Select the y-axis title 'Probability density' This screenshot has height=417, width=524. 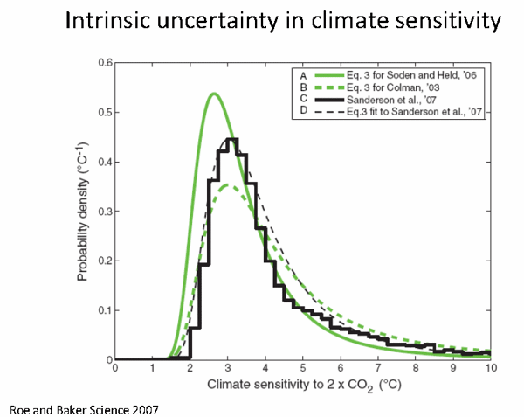[x=84, y=212]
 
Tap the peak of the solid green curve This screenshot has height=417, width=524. [x=213, y=93]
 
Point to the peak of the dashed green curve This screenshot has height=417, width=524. [x=227, y=184]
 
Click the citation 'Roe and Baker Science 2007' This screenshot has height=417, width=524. [x=84, y=407]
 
